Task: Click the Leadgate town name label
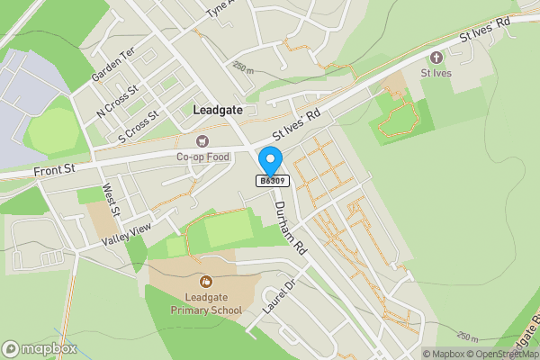tap(217, 109)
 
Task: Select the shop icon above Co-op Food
tap(202, 141)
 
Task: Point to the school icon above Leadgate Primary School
tap(206, 283)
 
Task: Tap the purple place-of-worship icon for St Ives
tap(438, 57)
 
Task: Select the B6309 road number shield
tap(272, 181)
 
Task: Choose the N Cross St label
tap(119, 100)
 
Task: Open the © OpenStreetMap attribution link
tap(505, 354)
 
